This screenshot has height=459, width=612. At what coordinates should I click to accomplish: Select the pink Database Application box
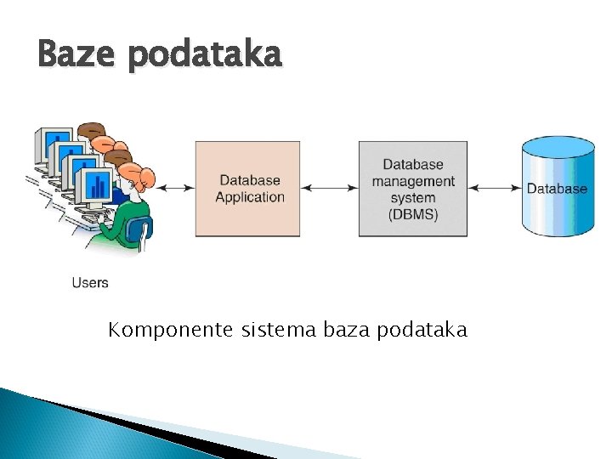(247, 189)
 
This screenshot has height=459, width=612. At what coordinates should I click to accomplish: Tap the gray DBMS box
(412, 189)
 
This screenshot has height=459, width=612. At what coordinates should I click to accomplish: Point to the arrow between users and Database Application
(174, 188)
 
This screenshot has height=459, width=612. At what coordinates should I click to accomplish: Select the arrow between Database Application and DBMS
(329, 188)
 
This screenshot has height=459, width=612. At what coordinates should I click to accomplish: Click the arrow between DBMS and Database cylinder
(495, 188)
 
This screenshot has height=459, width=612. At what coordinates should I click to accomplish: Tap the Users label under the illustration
(90, 282)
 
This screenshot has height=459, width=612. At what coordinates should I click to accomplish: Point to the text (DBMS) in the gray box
(413, 214)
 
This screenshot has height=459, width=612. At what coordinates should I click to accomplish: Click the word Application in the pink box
(250, 197)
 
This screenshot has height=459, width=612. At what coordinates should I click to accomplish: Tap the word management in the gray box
(413, 181)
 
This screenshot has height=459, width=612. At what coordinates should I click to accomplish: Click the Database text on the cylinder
(557, 189)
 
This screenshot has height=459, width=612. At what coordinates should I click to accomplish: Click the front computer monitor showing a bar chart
(97, 187)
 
